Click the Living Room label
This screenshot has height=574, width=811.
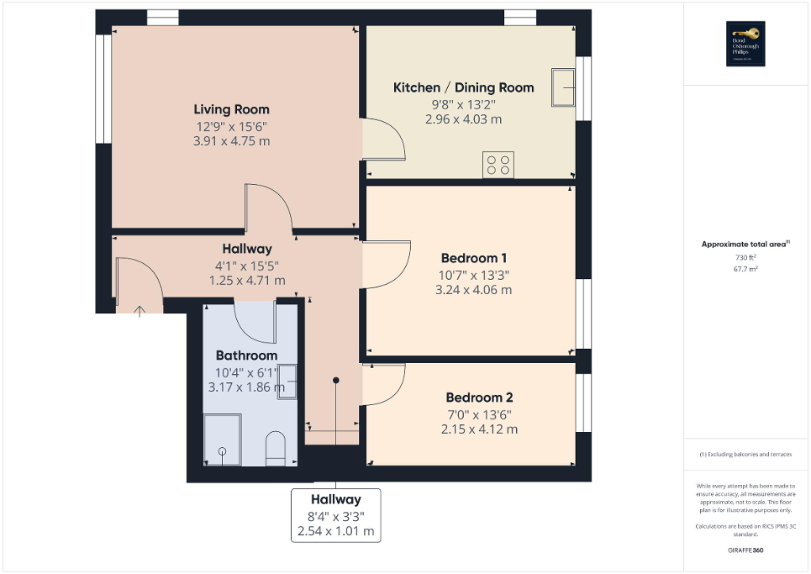[x=231, y=109]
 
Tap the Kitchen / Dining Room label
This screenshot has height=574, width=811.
[x=463, y=87]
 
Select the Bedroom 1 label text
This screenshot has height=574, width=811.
[x=473, y=258]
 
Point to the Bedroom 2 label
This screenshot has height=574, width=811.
[x=479, y=398]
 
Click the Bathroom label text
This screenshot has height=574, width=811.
[x=246, y=355]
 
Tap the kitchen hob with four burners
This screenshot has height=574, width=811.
[x=498, y=164]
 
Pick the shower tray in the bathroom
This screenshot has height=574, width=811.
[x=223, y=441]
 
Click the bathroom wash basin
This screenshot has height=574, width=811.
[x=287, y=381]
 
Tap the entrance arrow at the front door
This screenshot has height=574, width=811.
[x=140, y=310]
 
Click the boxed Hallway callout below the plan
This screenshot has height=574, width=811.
[x=335, y=515]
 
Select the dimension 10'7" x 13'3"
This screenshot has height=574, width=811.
[x=473, y=274]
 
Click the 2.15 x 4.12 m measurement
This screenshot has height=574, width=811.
[x=479, y=429]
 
